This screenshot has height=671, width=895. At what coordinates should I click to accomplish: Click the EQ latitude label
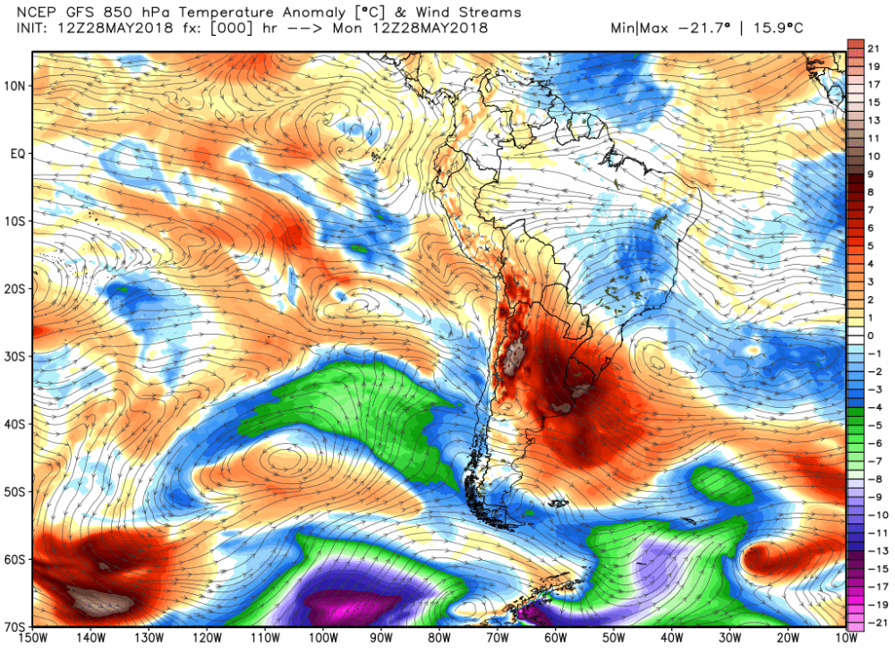point(16,154)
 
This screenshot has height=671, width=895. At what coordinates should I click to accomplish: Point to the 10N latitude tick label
point(16,86)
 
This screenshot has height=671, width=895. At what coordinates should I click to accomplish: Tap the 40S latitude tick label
point(16,424)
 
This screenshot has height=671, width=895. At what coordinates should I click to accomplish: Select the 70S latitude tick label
point(16,626)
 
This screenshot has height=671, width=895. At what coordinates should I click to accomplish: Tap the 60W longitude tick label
point(555,638)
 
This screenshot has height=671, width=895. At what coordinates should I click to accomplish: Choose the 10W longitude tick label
point(842,638)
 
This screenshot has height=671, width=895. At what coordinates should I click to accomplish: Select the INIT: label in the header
point(32,28)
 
